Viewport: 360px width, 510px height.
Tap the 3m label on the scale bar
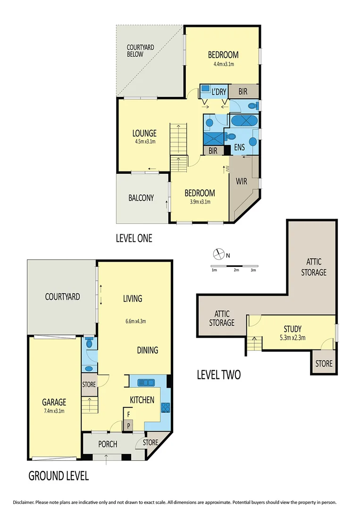pos(253,270)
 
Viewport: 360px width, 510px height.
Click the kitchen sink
pos(144,382)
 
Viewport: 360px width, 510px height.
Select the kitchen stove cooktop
pos(166,407)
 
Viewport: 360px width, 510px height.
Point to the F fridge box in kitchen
pos(127,415)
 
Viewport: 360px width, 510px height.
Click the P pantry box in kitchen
pos(127,425)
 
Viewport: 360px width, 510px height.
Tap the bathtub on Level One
pos(244,120)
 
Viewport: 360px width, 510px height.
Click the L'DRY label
pos(218,91)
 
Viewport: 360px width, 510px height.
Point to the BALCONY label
pos(141,198)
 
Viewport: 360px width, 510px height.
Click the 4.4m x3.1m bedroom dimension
pos(224,64)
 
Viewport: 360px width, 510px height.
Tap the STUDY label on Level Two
pos(293,329)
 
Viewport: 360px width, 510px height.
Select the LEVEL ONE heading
pos(134,238)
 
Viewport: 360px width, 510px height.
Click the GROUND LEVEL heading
pos(59,476)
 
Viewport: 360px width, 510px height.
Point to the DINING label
pos(147,350)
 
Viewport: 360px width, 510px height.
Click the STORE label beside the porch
pos(151,442)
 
